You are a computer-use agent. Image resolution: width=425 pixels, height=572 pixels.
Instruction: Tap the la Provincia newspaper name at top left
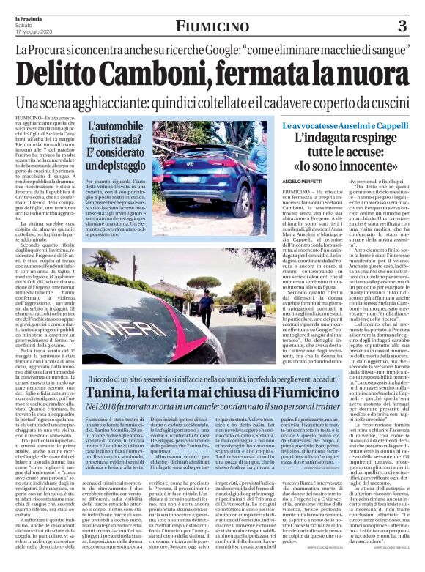pos(30,15)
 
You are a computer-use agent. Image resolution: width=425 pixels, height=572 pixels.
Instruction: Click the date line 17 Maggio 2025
pos(34,31)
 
